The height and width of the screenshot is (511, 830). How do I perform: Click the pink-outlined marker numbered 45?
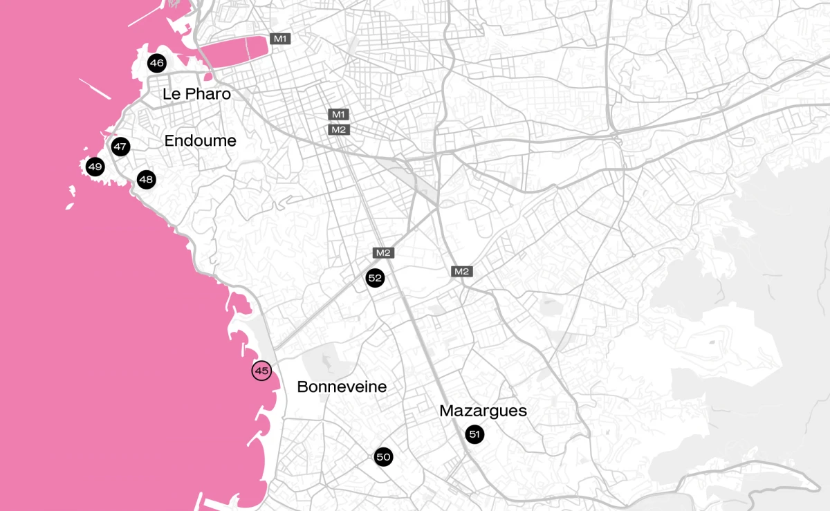(261, 371)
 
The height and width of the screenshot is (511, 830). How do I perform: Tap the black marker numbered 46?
(157, 64)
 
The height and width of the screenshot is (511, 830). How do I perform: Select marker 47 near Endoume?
(120, 147)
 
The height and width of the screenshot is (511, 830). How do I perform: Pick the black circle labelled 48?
(146, 180)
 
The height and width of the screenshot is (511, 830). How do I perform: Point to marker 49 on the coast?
(95, 167)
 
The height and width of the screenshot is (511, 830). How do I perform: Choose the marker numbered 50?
(384, 456)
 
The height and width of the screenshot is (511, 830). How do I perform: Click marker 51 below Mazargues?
(474, 434)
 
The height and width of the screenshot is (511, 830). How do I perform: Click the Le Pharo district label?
(196, 94)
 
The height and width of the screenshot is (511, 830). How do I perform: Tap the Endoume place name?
(200, 141)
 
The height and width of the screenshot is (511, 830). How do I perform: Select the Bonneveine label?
(342, 387)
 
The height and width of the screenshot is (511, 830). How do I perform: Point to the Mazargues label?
(483, 411)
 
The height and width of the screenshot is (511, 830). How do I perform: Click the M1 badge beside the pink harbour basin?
(280, 39)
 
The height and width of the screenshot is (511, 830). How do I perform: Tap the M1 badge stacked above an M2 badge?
(338, 114)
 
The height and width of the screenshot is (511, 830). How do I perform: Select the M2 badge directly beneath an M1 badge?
(338, 129)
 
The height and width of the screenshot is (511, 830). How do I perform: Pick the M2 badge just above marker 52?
(383, 252)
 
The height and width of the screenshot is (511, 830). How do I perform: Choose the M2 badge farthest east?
(462, 271)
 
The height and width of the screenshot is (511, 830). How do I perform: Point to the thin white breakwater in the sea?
(95, 89)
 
